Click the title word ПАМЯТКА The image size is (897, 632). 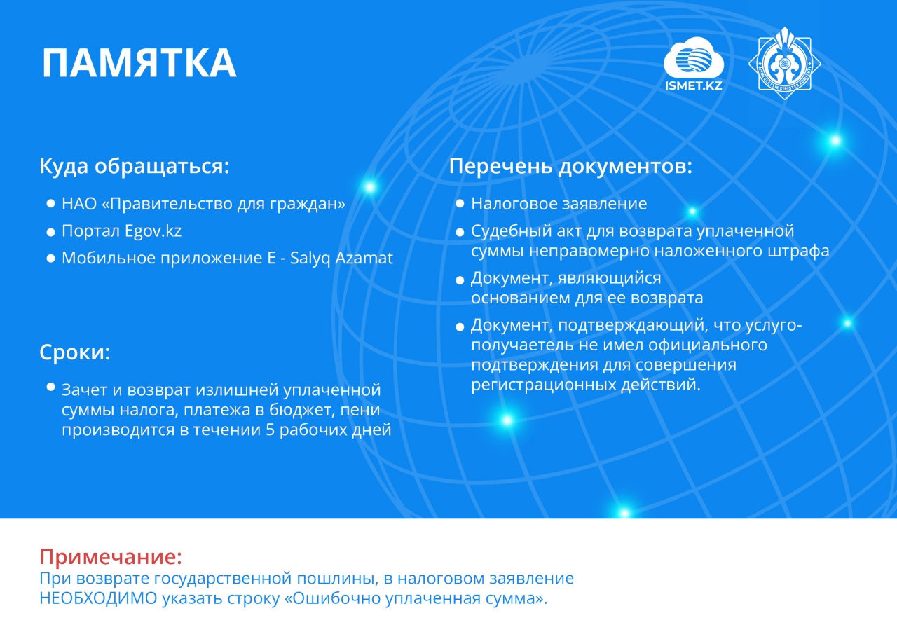[x=139, y=63]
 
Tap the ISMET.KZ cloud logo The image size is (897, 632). [x=694, y=63]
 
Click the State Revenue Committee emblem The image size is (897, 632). [x=784, y=63]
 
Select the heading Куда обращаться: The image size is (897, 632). [x=135, y=166]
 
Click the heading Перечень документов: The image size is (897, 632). [x=570, y=166]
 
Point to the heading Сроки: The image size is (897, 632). [x=75, y=352]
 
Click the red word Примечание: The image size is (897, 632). [x=111, y=556]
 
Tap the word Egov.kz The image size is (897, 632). [x=153, y=231]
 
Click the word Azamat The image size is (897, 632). [x=364, y=258]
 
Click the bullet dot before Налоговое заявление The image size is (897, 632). [x=460, y=203]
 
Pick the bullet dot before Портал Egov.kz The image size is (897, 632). [x=50, y=232]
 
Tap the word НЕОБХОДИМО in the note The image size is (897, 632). [x=98, y=598]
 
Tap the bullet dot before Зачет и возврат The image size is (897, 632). [x=50, y=387]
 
